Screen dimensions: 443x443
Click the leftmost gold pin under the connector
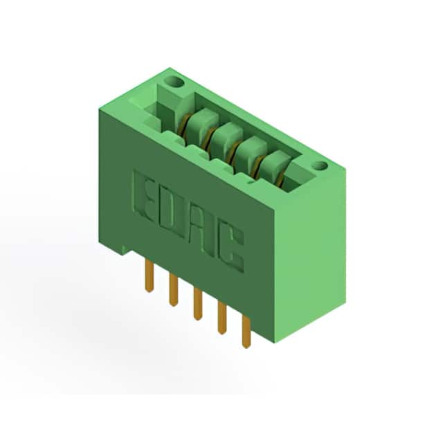point(150,275)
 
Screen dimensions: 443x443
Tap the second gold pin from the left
point(174,290)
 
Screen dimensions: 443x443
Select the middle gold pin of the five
point(198,303)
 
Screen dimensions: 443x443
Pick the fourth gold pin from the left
point(222,318)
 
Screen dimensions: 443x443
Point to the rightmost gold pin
point(246,332)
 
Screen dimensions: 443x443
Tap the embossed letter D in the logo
point(172,213)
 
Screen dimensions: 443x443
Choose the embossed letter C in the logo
point(230,248)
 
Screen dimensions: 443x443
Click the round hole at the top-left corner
point(174,82)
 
